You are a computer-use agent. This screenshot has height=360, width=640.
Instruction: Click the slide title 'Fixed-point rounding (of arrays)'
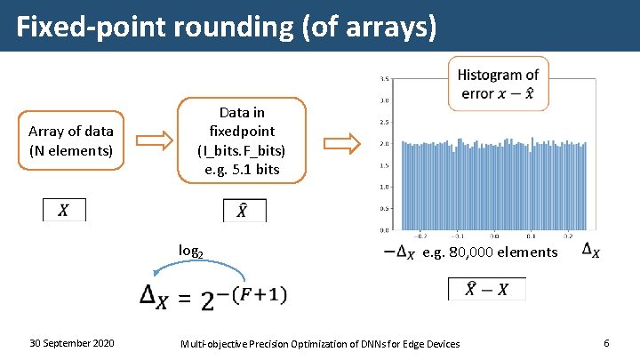[x=228, y=27]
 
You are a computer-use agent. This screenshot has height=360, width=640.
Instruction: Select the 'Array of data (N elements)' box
[x=71, y=140]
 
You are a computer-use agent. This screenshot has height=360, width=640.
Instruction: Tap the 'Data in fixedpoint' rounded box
[x=242, y=140]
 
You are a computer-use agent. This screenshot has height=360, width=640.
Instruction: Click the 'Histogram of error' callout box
[x=498, y=84]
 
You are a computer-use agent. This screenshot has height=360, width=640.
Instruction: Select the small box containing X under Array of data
[x=64, y=211]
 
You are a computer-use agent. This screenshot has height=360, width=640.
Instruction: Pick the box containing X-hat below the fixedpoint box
[x=244, y=211]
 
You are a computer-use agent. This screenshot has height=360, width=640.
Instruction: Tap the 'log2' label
[x=191, y=251]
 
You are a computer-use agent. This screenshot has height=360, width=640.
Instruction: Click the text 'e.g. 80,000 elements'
[x=490, y=252]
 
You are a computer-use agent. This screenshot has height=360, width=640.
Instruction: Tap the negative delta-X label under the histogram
[x=398, y=253]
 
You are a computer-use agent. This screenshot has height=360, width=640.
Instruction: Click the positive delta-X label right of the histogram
[x=589, y=252]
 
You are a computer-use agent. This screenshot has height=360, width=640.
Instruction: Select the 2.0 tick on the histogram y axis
[x=383, y=144]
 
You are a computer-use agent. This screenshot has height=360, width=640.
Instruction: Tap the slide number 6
[x=605, y=343]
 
